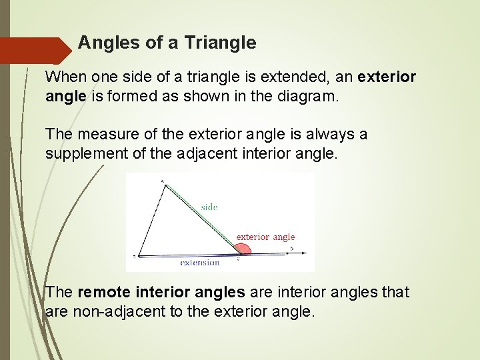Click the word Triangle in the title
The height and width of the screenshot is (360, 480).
tap(221, 43)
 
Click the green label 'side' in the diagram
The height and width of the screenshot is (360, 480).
tap(209, 207)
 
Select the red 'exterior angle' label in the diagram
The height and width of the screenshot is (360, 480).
tap(265, 237)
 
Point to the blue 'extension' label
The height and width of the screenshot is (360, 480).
tap(199, 263)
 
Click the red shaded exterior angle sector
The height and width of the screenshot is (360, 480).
tap(243, 249)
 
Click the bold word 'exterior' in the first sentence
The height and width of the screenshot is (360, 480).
tap(387, 77)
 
